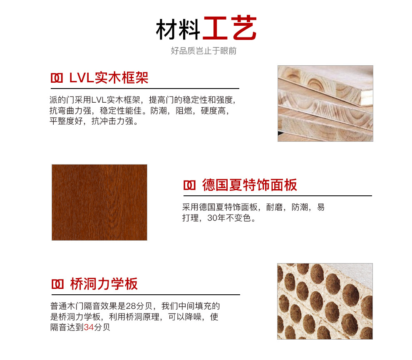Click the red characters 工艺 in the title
230,28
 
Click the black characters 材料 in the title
178,30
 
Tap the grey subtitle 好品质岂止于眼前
204,51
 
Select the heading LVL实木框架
109,78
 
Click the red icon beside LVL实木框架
57,78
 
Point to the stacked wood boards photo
325,104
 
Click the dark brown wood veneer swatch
99,202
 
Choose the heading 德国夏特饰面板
250,185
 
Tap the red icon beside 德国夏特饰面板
189,185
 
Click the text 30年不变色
229,218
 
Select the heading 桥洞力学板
104,284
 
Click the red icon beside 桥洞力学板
57,284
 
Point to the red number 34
89,327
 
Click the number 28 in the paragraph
131,306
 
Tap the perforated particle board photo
325,301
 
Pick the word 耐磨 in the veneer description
275,207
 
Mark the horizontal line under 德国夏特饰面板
278,196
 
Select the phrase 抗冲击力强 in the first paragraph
112,121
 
